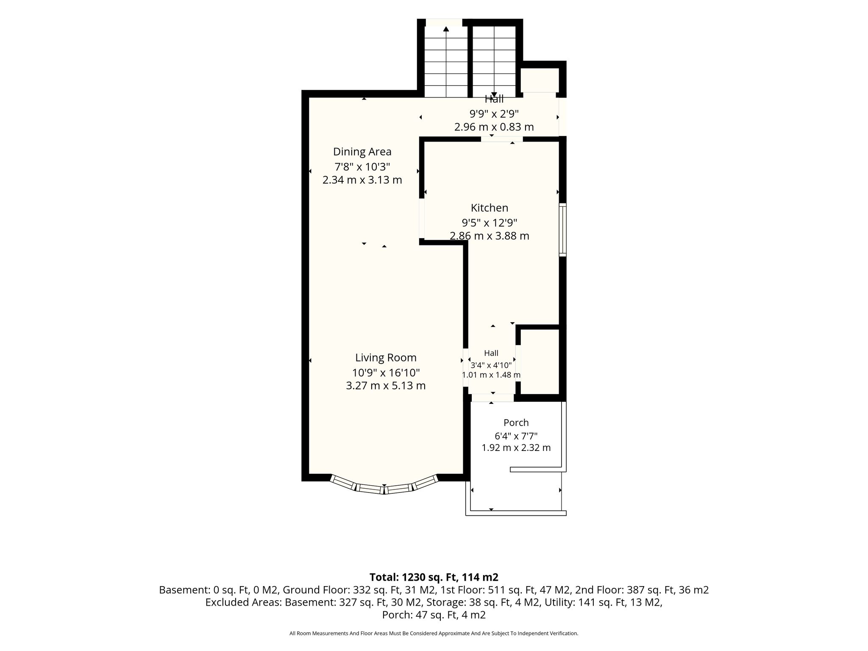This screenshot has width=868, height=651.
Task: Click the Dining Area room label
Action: tap(362, 152)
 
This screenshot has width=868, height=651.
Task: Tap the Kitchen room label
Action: tap(490, 208)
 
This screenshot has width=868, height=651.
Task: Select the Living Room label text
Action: tap(386, 358)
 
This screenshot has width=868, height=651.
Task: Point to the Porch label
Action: tap(516, 423)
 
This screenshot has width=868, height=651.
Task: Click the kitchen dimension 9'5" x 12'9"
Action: tap(490, 223)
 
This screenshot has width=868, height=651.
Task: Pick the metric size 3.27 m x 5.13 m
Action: tap(386, 386)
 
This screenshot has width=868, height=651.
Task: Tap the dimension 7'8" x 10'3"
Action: tap(362, 166)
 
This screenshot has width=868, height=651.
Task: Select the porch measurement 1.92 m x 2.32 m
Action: tap(516, 448)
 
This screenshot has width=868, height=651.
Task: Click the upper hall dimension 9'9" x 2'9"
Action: tap(494, 114)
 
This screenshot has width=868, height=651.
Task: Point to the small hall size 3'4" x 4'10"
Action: tap(491, 365)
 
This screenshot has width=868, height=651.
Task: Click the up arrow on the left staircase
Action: tap(446, 29)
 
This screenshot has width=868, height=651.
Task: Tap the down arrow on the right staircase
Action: tap(494, 95)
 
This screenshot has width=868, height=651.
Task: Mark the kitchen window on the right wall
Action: tap(562, 229)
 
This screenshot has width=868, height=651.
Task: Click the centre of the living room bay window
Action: tap(384, 489)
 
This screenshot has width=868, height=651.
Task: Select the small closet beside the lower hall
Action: tap(540, 362)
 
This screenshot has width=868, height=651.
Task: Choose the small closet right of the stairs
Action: tap(540, 80)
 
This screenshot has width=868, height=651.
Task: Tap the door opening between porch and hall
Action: tap(492, 398)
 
